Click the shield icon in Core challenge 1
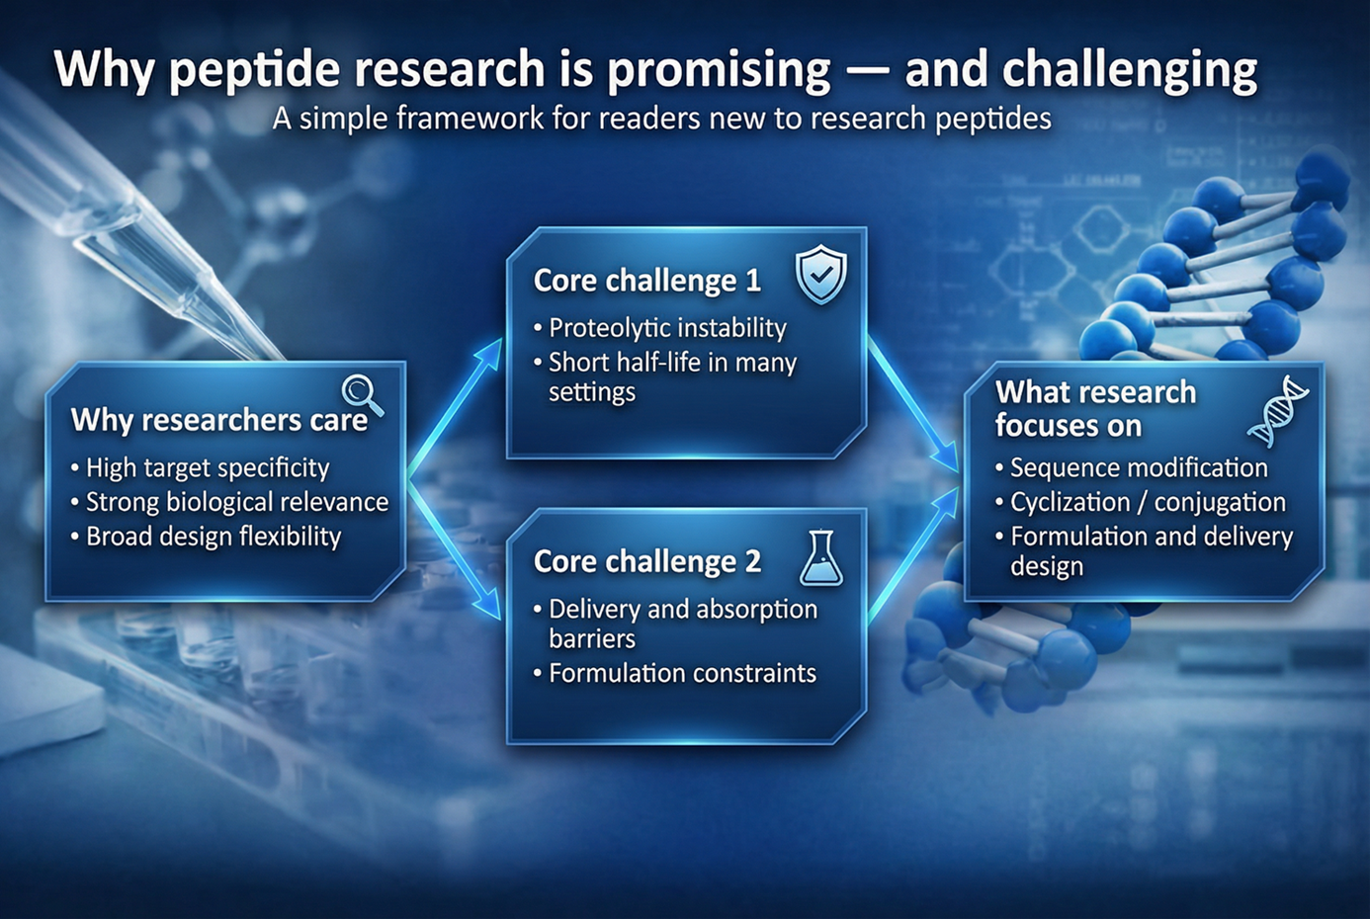(820, 274)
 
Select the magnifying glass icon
(363, 395)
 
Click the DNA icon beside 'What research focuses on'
(1278, 411)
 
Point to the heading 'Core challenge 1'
(647, 281)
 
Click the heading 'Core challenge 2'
(647, 561)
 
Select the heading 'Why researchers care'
(219, 420)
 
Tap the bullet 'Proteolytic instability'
(660, 328)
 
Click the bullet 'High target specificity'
(200, 468)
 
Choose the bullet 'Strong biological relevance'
(229, 503)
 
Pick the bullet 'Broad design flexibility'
(206, 537)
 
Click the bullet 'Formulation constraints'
(675, 674)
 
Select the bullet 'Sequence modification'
(1132, 468)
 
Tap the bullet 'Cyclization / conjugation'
(1141, 503)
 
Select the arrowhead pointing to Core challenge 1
(488, 354)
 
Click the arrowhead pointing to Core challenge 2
(488, 606)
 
